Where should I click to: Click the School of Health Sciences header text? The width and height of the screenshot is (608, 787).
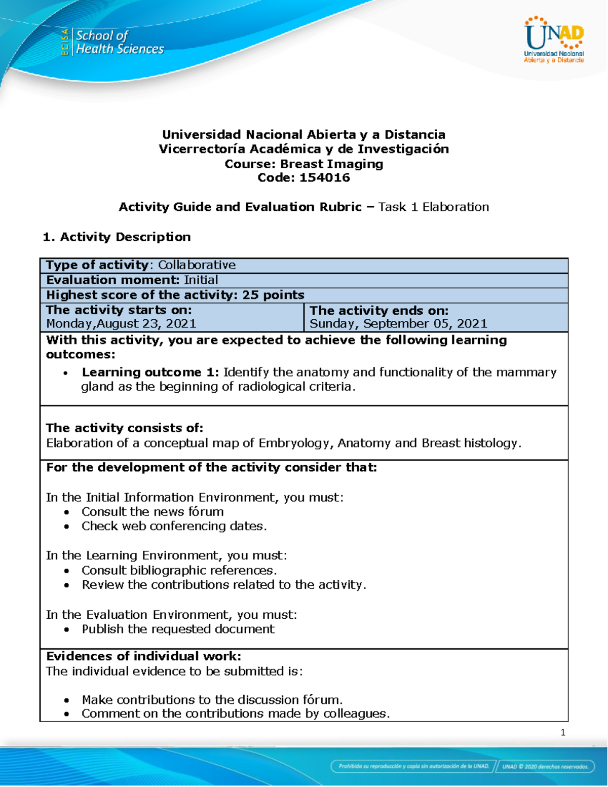[119, 42]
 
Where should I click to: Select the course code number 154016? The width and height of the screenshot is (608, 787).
[324, 177]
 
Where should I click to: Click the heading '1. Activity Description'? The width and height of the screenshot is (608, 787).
[117, 237]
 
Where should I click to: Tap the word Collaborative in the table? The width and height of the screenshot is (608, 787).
[197, 265]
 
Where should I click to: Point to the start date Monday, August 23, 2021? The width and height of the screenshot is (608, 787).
[121, 323]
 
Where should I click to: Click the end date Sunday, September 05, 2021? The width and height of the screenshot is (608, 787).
[398, 323]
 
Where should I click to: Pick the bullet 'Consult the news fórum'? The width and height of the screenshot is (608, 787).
[153, 511]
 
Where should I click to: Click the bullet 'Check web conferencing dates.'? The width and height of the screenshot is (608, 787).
[174, 526]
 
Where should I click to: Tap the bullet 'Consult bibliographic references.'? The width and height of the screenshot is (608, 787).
[179, 570]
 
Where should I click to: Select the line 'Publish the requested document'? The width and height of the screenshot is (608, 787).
[178, 629]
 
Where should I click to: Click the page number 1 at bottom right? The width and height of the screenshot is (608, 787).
[563, 732]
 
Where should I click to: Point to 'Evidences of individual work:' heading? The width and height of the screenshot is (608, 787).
[143, 656]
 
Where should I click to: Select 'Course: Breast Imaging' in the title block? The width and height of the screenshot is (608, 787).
[304, 164]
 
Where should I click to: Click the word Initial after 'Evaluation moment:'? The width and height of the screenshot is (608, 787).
[201, 280]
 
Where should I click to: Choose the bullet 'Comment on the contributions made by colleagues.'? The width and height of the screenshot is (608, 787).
[236, 714]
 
